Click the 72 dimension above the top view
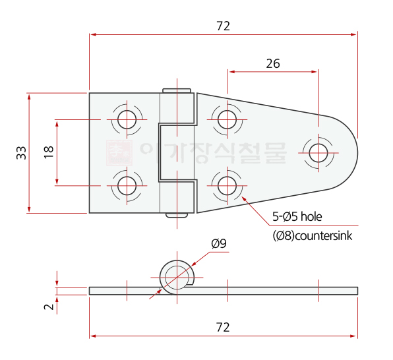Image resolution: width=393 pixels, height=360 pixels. click(223, 26)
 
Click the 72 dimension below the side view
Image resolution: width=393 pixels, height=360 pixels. click(223, 328)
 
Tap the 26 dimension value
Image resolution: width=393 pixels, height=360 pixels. click(273, 64)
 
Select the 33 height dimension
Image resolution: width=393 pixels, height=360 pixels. click(22, 153)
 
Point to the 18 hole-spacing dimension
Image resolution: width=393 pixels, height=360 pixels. click(49, 152)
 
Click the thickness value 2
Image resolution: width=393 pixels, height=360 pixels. click(49, 307)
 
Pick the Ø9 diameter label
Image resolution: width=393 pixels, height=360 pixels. click(219, 243)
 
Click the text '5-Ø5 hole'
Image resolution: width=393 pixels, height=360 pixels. click(297, 217)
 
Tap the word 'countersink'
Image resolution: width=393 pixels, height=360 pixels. click(324, 236)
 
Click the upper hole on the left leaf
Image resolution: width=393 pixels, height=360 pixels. click(127, 119)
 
